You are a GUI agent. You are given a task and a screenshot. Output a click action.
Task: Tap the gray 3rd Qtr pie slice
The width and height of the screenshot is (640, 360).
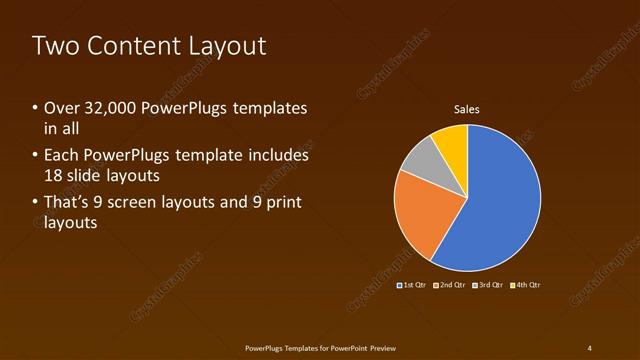tap(420, 158)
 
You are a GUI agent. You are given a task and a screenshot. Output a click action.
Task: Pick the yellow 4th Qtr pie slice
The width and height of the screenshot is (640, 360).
tap(452, 143)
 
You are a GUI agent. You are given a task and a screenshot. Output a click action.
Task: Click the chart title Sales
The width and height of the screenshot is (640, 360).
tap(467, 108)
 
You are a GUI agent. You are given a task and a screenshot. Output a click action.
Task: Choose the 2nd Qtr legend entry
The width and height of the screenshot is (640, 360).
tap(450, 285)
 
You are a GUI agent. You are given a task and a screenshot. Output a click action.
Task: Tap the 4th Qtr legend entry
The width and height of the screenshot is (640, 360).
tap(525, 285)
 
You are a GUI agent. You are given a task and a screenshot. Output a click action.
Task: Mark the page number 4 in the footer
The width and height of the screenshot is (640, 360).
tap(589, 347)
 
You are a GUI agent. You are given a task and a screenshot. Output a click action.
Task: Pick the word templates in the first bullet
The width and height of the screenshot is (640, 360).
tap(270, 108)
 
